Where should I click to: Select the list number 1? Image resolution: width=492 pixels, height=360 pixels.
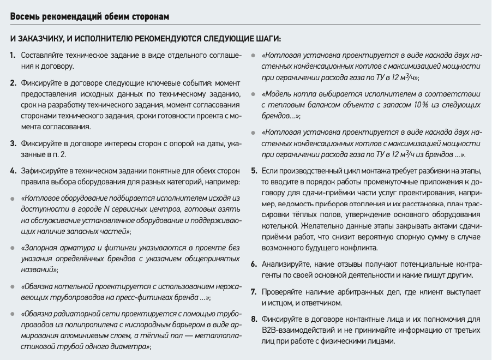click(13, 56)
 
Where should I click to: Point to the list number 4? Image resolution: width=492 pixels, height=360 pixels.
click(13, 171)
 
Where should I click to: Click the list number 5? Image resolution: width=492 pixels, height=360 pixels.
click(254, 171)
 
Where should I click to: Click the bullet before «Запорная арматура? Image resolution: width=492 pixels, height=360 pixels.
click(13, 248)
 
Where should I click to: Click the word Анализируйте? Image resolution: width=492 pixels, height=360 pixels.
click(288, 264)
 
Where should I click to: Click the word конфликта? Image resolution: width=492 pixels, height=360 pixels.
click(361, 248)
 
